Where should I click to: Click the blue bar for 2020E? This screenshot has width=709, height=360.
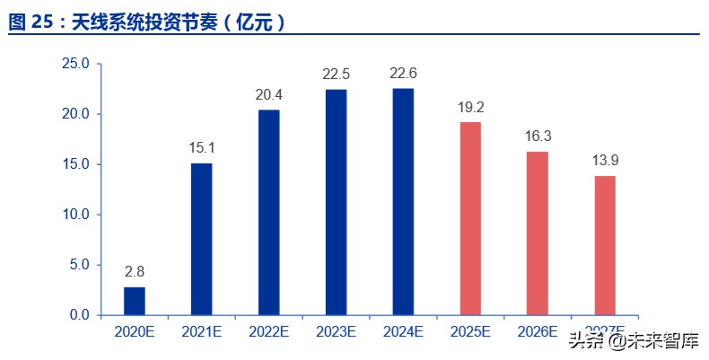[134, 301]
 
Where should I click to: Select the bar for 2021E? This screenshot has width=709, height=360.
[201, 239]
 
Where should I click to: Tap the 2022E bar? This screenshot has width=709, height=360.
[268, 212]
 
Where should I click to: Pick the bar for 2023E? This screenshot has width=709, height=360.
[336, 202]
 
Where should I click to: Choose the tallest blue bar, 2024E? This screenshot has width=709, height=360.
[403, 201]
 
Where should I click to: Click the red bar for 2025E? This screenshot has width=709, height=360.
[470, 218]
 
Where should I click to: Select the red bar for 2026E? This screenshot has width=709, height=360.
[538, 233]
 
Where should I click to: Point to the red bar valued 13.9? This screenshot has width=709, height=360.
[605, 245]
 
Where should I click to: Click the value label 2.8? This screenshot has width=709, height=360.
[134, 270]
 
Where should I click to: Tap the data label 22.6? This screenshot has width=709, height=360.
[403, 72]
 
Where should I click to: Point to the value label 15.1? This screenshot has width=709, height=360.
[201, 146]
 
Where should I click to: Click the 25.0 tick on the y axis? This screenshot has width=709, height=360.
[74, 64]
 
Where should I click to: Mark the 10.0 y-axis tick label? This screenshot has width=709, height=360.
[74, 215]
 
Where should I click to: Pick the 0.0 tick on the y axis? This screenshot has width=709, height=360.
[78, 315]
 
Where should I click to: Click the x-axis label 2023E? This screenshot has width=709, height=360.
[336, 332]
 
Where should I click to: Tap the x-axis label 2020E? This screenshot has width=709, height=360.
[134, 332]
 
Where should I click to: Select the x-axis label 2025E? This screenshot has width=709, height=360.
[470, 332]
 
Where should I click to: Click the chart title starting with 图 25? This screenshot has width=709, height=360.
[147, 22]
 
